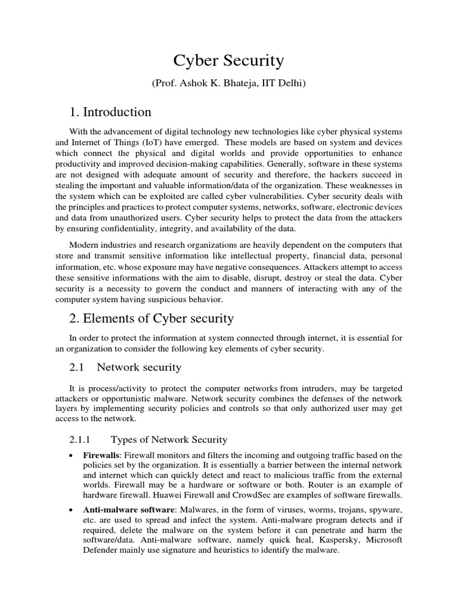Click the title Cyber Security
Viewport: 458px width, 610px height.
228,61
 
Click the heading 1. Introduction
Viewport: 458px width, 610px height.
110,112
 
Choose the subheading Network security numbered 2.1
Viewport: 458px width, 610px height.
139,367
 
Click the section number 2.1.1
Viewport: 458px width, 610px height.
80,440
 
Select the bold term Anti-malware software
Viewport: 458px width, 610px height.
128,511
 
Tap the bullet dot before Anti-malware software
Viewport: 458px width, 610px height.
72,511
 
